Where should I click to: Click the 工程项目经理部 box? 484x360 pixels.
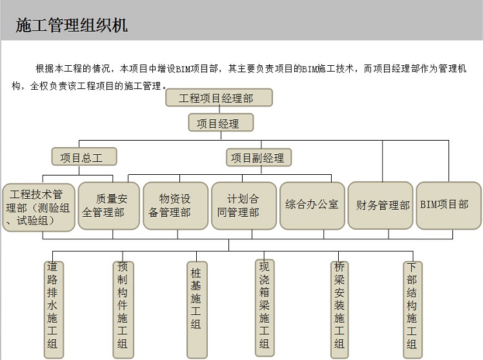tap(219, 98)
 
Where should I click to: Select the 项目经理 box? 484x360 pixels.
tap(221, 123)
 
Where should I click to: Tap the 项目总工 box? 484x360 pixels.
tap(85, 157)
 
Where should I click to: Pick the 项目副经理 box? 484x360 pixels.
tap(259, 157)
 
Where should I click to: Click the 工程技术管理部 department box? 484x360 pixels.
tap(39, 207)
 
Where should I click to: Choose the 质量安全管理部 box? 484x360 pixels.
tap(108, 206)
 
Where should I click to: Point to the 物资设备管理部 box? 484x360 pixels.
tap(176, 206)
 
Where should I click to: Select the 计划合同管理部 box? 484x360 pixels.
tap(244, 206)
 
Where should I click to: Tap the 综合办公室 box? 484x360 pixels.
tap(312, 206)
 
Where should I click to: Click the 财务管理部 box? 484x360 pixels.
tap(380, 205)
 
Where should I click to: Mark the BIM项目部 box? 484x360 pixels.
tap(449, 205)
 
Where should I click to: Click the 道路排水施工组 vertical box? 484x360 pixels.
tap(54, 310)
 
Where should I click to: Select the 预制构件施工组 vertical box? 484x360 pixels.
tap(123, 310)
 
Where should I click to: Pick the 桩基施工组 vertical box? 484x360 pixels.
tap(197, 310)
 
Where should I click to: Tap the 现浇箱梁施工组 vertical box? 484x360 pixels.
tap(265, 308)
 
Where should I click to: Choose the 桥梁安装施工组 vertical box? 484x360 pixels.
tap(339, 310)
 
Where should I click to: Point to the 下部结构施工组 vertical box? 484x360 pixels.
tap(413, 310)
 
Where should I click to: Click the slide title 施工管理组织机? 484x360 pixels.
tap(71, 25)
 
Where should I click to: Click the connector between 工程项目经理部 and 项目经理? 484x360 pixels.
tap(219, 110)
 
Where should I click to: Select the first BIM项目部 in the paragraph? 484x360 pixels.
tap(197, 68)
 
